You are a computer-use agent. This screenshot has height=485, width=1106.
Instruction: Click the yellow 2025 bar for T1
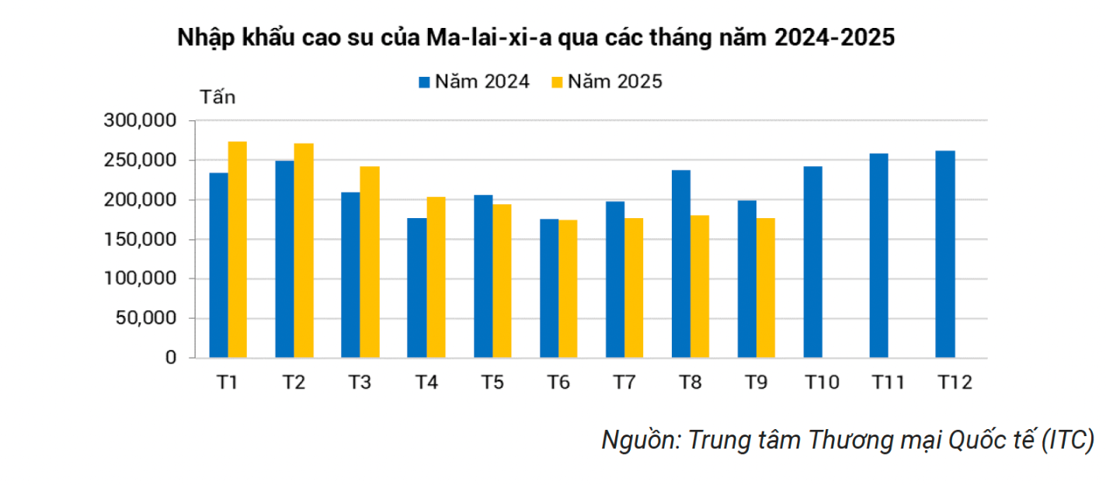tap(237, 250)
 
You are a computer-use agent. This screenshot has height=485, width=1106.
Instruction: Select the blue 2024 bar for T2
tap(284, 259)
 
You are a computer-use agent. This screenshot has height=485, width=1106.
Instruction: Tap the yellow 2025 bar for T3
tap(370, 262)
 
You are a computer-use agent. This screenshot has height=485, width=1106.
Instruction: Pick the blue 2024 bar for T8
tap(681, 264)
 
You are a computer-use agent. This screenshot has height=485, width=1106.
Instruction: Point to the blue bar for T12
tap(945, 255)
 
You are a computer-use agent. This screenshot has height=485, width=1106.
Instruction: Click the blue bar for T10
tap(813, 262)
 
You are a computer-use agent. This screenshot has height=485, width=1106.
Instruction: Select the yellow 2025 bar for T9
tap(766, 288)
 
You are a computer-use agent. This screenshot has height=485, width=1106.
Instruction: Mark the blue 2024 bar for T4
tap(417, 288)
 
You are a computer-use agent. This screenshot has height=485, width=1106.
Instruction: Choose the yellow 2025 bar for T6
tap(568, 289)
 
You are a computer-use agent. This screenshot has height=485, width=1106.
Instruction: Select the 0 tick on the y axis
tap(171, 358)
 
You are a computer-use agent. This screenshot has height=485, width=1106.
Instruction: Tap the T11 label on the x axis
tap(889, 382)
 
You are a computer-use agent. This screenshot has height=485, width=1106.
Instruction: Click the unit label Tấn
tap(218, 98)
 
